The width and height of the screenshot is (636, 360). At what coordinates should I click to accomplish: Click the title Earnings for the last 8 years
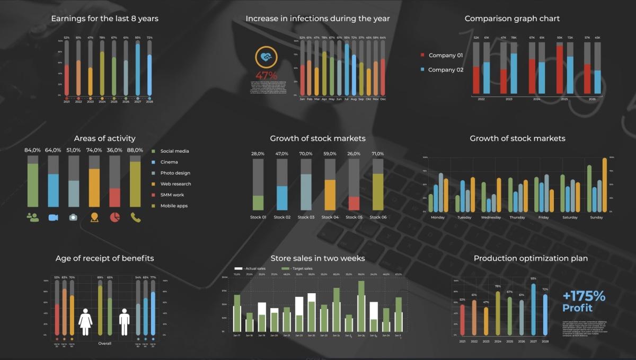click(104, 19)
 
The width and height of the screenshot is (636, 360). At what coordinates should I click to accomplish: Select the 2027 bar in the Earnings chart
click(138, 69)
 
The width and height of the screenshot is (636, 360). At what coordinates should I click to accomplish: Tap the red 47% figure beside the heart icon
click(267, 75)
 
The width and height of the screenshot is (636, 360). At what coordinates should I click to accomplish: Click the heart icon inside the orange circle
click(267, 57)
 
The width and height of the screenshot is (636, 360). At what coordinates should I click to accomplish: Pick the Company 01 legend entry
click(441, 55)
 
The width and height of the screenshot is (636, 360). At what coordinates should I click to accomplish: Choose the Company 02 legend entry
click(441, 69)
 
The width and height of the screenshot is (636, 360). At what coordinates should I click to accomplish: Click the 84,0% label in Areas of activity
click(33, 150)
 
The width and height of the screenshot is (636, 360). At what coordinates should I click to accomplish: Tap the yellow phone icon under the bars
click(136, 217)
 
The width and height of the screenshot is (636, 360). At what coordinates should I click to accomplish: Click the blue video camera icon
click(53, 217)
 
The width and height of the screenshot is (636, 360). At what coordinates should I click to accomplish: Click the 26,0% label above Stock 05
click(354, 154)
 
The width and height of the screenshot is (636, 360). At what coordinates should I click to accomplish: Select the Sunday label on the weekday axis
click(596, 217)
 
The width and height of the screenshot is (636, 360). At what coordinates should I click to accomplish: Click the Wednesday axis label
click(491, 217)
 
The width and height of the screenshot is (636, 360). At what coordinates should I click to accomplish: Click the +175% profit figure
click(584, 296)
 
